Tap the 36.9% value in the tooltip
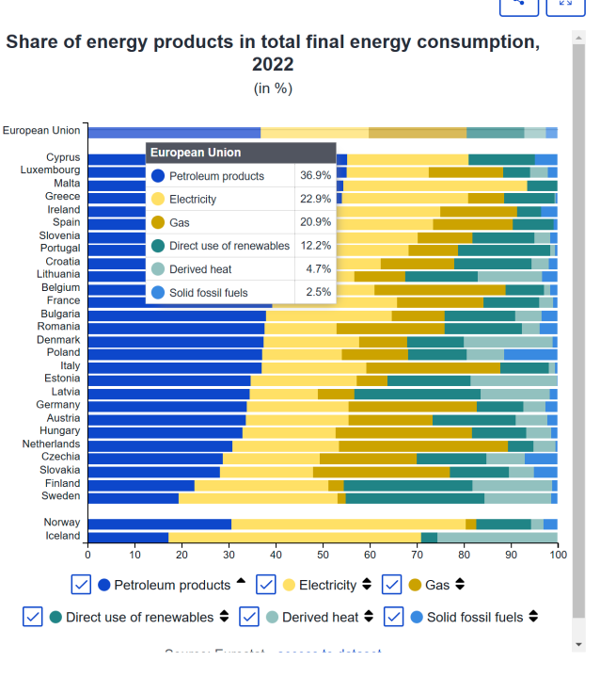click(x=315, y=176)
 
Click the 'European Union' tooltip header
click(x=196, y=153)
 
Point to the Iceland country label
click(x=63, y=536)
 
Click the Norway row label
click(x=62, y=523)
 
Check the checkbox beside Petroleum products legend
click(x=82, y=585)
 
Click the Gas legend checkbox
click(x=393, y=585)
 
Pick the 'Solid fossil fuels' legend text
click(x=475, y=617)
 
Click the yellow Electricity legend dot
click(x=289, y=585)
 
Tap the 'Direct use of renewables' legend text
click(x=140, y=617)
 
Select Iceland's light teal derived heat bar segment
click(x=497, y=537)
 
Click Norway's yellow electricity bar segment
click(x=348, y=524)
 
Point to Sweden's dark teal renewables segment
click(x=415, y=497)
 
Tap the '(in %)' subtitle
click(x=273, y=89)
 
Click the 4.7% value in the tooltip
click(x=319, y=269)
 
